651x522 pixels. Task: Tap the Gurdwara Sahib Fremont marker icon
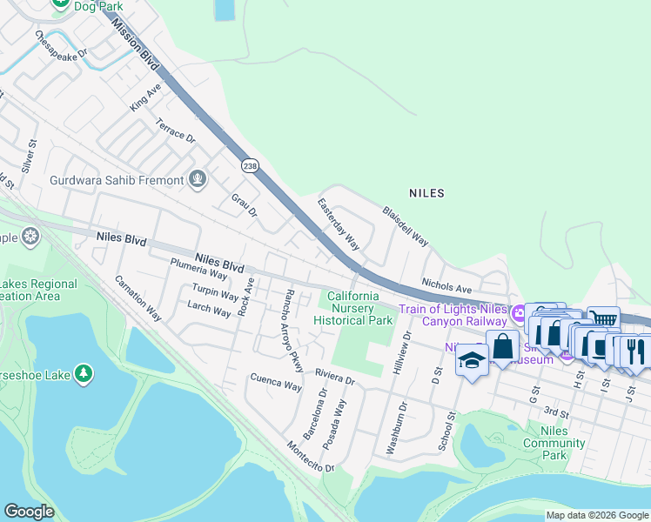(198, 180)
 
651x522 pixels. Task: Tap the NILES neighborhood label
(426, 192)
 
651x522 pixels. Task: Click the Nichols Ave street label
(446, 285)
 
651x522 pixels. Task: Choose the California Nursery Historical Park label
(353, 309)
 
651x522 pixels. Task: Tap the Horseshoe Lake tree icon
(84, 373)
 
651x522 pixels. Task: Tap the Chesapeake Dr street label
(62, 45)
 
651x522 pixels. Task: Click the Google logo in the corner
(29, 512)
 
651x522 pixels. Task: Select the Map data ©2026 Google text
(596, 515)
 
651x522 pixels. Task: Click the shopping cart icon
(602, 319)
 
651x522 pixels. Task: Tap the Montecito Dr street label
(311, 457)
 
